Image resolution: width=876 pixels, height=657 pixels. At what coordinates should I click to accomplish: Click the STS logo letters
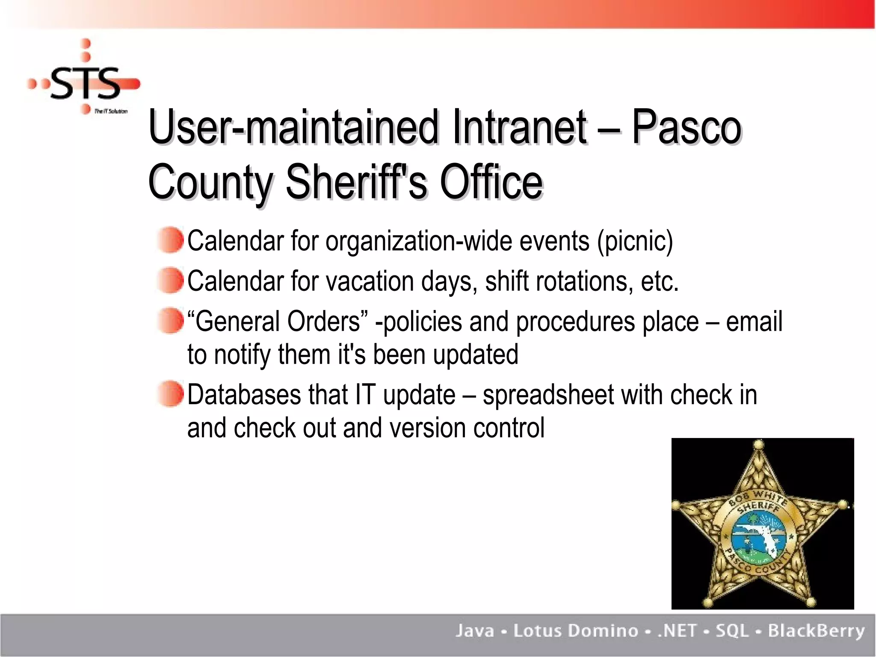86,83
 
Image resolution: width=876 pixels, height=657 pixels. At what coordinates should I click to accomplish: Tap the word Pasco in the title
686,127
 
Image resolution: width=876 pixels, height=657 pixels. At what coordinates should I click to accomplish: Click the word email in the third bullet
754,321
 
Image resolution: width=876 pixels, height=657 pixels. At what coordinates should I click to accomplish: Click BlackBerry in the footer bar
816,631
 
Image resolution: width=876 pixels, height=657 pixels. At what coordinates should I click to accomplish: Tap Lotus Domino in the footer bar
576,631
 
